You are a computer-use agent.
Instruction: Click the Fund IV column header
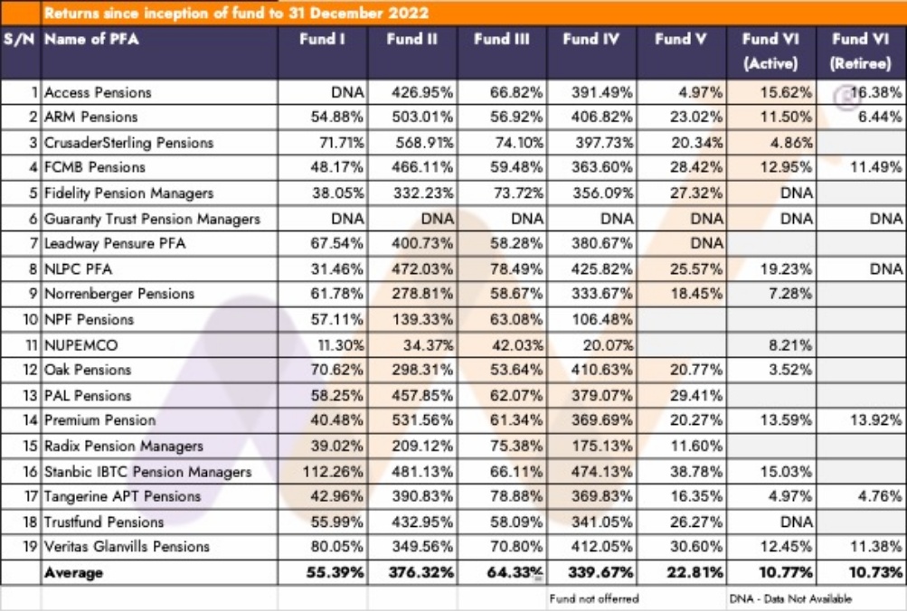tap(590, 39)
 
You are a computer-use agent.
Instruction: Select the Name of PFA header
tap(91, 39)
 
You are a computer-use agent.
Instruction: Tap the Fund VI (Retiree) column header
tap(860, 51)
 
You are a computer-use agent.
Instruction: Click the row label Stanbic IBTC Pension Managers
tap(148, 472)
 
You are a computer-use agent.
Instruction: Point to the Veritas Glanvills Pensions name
tap(127, 546)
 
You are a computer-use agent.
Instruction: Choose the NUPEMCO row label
tap(81, 345)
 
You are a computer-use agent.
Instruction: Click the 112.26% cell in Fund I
tap(333, 472)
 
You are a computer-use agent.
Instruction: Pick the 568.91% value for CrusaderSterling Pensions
tap(425, 142)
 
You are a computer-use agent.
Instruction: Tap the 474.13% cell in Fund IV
tap(602, 472)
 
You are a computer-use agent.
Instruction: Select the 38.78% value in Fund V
tap(696, 472)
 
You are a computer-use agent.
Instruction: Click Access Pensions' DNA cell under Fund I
tap(347, 92)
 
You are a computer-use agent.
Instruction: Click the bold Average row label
tap(73, 573)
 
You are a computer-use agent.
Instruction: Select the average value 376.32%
tap(421, 573)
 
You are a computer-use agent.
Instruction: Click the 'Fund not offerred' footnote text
tap(594, 598)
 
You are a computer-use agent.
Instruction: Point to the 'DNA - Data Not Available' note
tap(790, 598)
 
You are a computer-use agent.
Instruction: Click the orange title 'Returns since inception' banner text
tap(237, 13)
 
